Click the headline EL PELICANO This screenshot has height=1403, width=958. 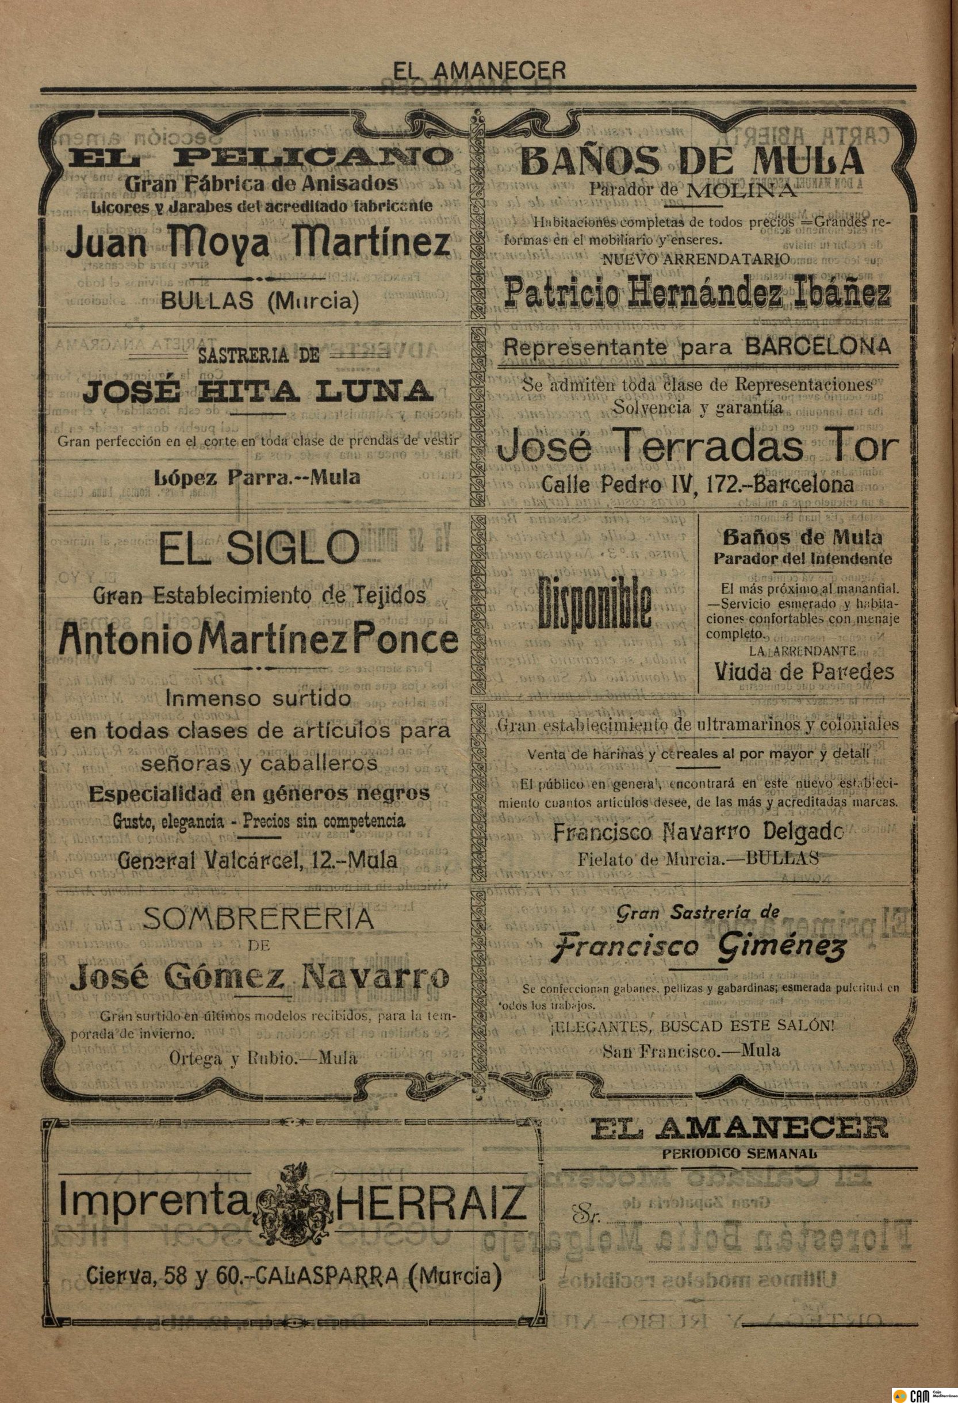260,158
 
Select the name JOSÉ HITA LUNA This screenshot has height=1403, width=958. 258,392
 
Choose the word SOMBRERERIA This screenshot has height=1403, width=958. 258,919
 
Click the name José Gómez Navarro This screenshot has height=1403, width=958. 259,977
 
